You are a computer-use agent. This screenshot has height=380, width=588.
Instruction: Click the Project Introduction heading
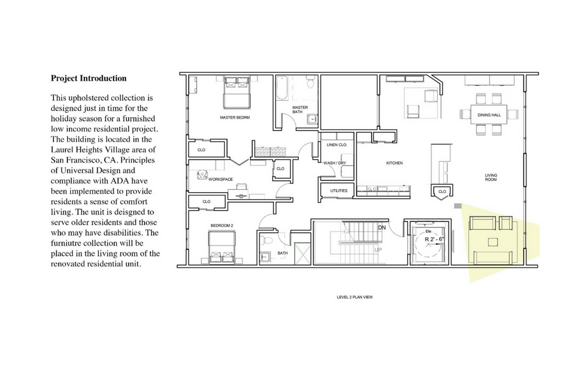[x=89, y=79]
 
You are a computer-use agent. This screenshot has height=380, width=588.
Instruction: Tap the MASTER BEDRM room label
[x=235, y=117]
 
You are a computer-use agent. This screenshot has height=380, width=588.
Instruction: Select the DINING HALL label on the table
[x=489, y=115]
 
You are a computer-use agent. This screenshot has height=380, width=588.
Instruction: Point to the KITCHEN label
[x=395, y=163]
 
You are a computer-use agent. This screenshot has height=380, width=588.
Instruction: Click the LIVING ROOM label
[x=491, y=178]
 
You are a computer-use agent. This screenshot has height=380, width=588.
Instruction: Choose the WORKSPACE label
[x=221, y=180]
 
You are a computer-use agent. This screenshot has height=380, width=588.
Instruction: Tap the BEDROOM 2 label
[x=221, y=225]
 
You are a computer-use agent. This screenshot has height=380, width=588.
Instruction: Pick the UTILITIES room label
[x=339, y=190]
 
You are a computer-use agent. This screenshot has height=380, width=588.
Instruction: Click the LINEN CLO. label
[x=337, y=145]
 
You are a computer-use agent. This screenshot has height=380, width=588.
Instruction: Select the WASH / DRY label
[x=335, y=163]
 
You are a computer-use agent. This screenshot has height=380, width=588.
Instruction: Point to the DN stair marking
[x=382, y=228]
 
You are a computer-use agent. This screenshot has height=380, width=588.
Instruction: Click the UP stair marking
[x=378, y=249]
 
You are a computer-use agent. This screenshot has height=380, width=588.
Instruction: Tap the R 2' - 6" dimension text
[x=434, y=239]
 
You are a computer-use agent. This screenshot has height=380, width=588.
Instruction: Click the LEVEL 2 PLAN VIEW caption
[x=355, y=297]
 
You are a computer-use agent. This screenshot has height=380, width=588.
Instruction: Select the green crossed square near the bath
[x=303, y=254]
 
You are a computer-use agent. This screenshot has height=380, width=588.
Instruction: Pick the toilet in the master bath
[x=310, y=82]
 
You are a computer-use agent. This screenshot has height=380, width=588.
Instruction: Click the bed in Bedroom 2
[x=221, y=247]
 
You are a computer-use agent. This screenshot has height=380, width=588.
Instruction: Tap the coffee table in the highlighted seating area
[x=493, y=242]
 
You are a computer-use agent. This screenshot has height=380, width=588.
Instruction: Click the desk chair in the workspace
[x=202, y=175]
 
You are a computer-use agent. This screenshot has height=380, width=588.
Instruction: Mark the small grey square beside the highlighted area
[x=457, y=206]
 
